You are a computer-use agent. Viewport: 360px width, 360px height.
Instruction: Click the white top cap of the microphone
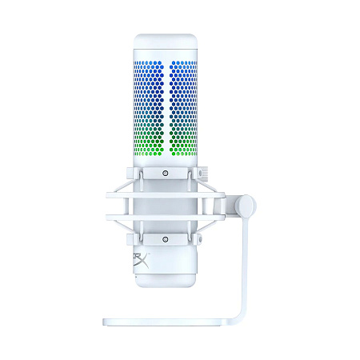coord(165,44)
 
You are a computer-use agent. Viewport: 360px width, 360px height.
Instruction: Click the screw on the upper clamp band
coord(165,174)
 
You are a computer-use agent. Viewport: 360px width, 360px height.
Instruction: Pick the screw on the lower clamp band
coord(165,238)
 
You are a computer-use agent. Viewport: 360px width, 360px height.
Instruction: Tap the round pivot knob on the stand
coord(246,206)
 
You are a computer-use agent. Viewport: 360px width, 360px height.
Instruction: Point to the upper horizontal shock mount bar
coord(164,192)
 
